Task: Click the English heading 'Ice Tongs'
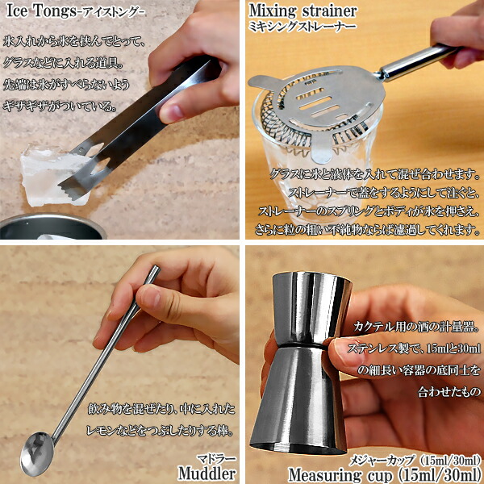(x=41, y=11)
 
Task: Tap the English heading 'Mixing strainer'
(x=302, y=11)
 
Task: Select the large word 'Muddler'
(x=207, y=474)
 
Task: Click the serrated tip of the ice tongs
(x=72, y=189)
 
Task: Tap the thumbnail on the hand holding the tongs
(x=172, y=113)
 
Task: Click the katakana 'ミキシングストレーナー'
(x=302, y=27)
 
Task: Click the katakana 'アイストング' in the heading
(x=111, y=13)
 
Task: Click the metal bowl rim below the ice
(x=52, y=219)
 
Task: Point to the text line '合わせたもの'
(x=449, y=391)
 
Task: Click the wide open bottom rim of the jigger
(x=297, y=449)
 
